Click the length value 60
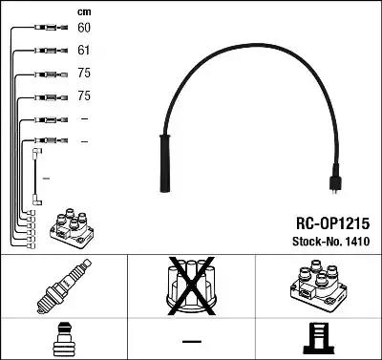[84, 28]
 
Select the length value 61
[84, 51]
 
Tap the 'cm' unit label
[84, 12]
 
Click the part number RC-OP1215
[332, 223]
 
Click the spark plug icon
[64, 286]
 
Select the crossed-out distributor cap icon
[191, 286]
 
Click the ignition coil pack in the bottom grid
[318, 285]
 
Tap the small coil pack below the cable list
[72, 228]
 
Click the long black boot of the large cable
[165, 163]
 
